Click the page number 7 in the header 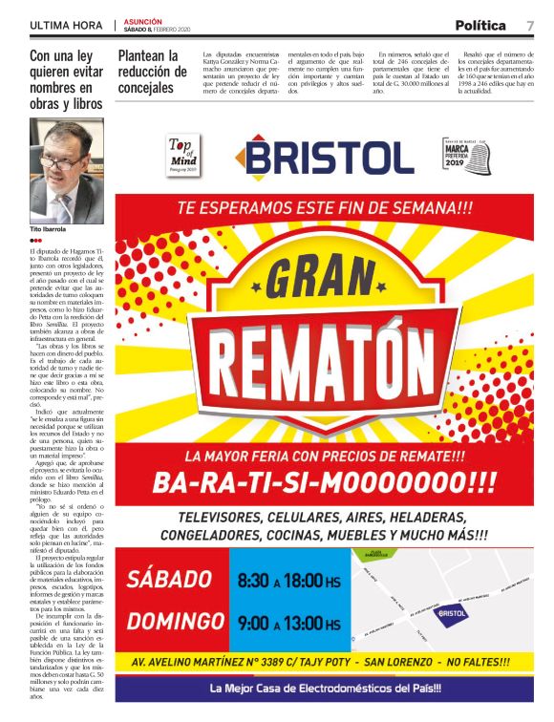[x=529, y=26]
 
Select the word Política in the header [x=480, y=26]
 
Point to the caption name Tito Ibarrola [x=49, y=229]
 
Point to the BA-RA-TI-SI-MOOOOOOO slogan [x=325, y=481]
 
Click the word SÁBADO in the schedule [x=169, y=579]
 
